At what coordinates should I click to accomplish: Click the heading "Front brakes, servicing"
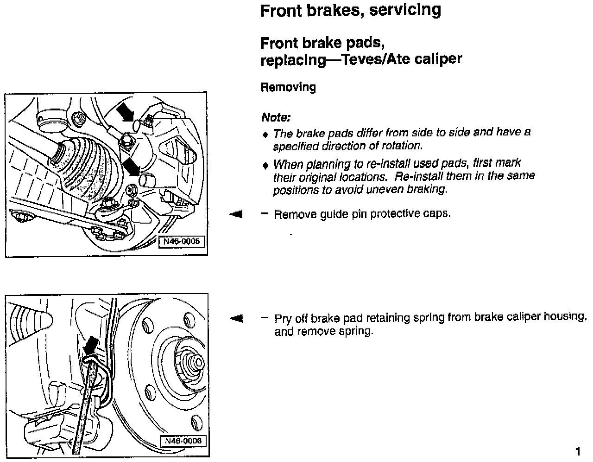click(350, 10)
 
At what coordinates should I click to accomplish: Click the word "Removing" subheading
click(288, 87)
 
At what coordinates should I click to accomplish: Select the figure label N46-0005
click(182, 241)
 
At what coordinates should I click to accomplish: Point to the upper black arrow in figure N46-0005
click(125, 112)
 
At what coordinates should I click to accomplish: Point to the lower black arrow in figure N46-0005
click(132, 166)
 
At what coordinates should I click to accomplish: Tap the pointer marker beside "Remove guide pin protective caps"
click(236, 214)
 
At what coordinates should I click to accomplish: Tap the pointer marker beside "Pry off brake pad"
click(236, 318)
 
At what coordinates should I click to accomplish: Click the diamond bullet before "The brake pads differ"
click(265, 135)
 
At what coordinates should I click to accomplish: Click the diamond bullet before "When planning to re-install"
click(265, 165)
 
